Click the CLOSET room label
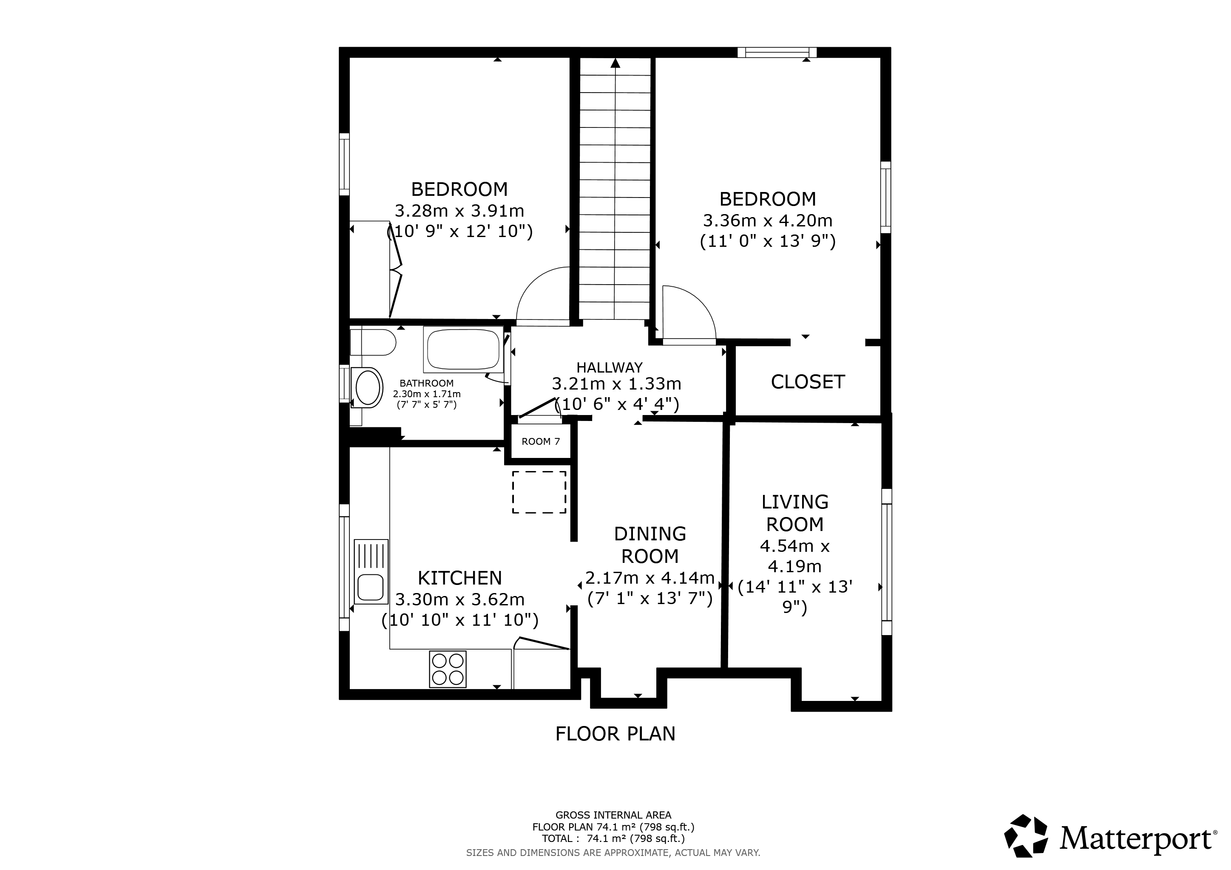808,382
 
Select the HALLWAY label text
610,367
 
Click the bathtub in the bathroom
464,349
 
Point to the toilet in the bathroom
373,342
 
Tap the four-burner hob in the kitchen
448,669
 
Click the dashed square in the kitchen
539,492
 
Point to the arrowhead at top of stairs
615,63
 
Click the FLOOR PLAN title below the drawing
615,733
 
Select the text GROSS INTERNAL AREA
613,815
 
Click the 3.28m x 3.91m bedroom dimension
459,211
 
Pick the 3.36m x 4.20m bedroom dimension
768,220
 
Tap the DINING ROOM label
650,545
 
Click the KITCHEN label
460,578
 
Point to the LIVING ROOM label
795,513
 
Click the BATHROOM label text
427,383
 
